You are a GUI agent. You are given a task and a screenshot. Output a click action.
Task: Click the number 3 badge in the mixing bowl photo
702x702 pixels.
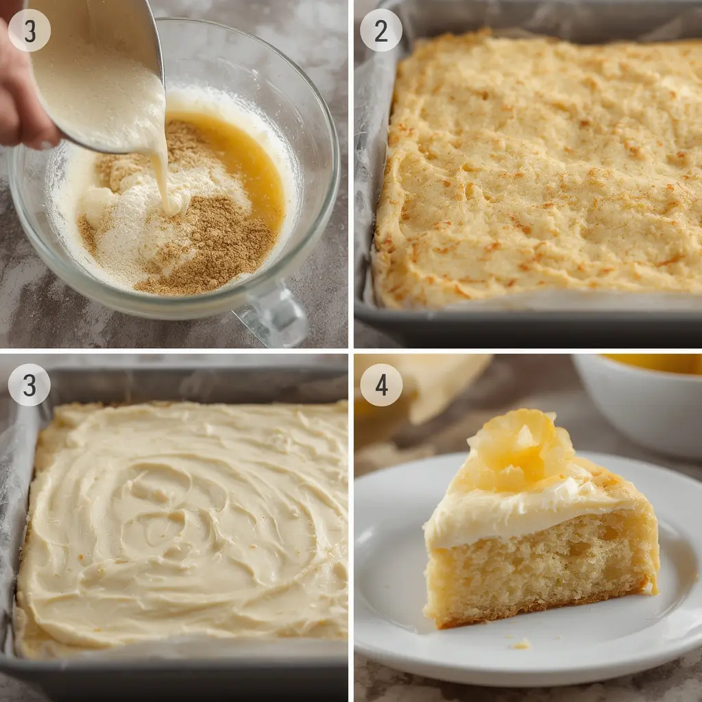29,30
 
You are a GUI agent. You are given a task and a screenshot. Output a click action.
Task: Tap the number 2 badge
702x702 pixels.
381,30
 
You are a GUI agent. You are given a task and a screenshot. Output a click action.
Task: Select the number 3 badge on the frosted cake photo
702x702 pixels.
29,385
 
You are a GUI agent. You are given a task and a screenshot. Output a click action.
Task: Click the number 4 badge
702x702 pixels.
381,385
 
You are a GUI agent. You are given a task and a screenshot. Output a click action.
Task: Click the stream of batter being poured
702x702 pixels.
162,171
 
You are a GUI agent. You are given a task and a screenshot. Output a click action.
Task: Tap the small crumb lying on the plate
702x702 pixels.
522,644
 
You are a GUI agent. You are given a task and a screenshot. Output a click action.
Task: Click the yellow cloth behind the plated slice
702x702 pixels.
432,384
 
